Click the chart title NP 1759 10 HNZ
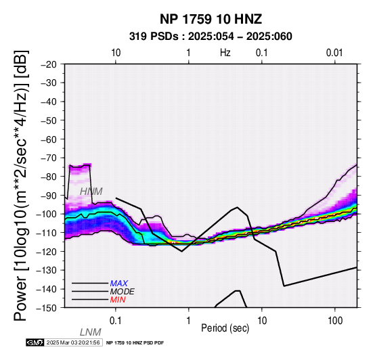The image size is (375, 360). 211,19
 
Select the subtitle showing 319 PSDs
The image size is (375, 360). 211,37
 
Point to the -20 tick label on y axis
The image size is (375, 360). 49,64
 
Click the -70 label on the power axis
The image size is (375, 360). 49,158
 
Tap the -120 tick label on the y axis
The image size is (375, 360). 47,252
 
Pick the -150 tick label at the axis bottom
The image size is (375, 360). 47,308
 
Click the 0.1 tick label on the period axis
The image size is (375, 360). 115,321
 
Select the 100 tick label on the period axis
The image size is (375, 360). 335,321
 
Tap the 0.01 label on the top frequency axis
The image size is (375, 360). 334,53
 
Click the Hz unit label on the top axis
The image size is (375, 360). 225,53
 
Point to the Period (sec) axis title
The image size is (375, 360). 225,328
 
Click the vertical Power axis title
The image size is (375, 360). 21,185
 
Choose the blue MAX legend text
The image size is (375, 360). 119,284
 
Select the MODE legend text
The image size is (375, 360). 123,292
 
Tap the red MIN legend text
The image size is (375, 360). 118,300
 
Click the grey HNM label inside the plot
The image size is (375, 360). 91,192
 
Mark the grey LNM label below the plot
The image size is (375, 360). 91,332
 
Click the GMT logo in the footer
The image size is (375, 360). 35,342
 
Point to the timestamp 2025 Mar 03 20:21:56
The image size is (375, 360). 73,342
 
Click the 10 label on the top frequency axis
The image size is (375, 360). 116,53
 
